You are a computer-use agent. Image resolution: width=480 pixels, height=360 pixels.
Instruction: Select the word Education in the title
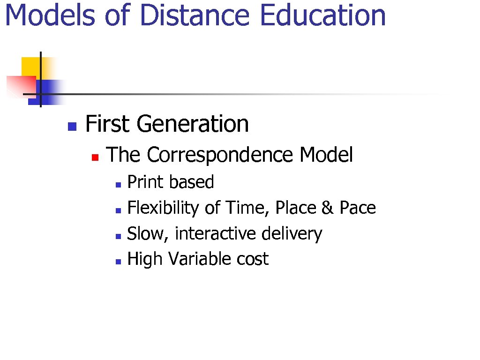coord(322,15)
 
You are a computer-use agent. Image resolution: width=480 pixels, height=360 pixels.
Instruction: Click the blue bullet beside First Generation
coord(72,126)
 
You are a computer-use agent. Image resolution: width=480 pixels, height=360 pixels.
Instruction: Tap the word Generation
coord(193,124)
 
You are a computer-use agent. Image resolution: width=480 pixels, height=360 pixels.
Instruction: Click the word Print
coord(142,182)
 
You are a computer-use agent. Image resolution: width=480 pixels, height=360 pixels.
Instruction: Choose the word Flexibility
coord(163,208)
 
